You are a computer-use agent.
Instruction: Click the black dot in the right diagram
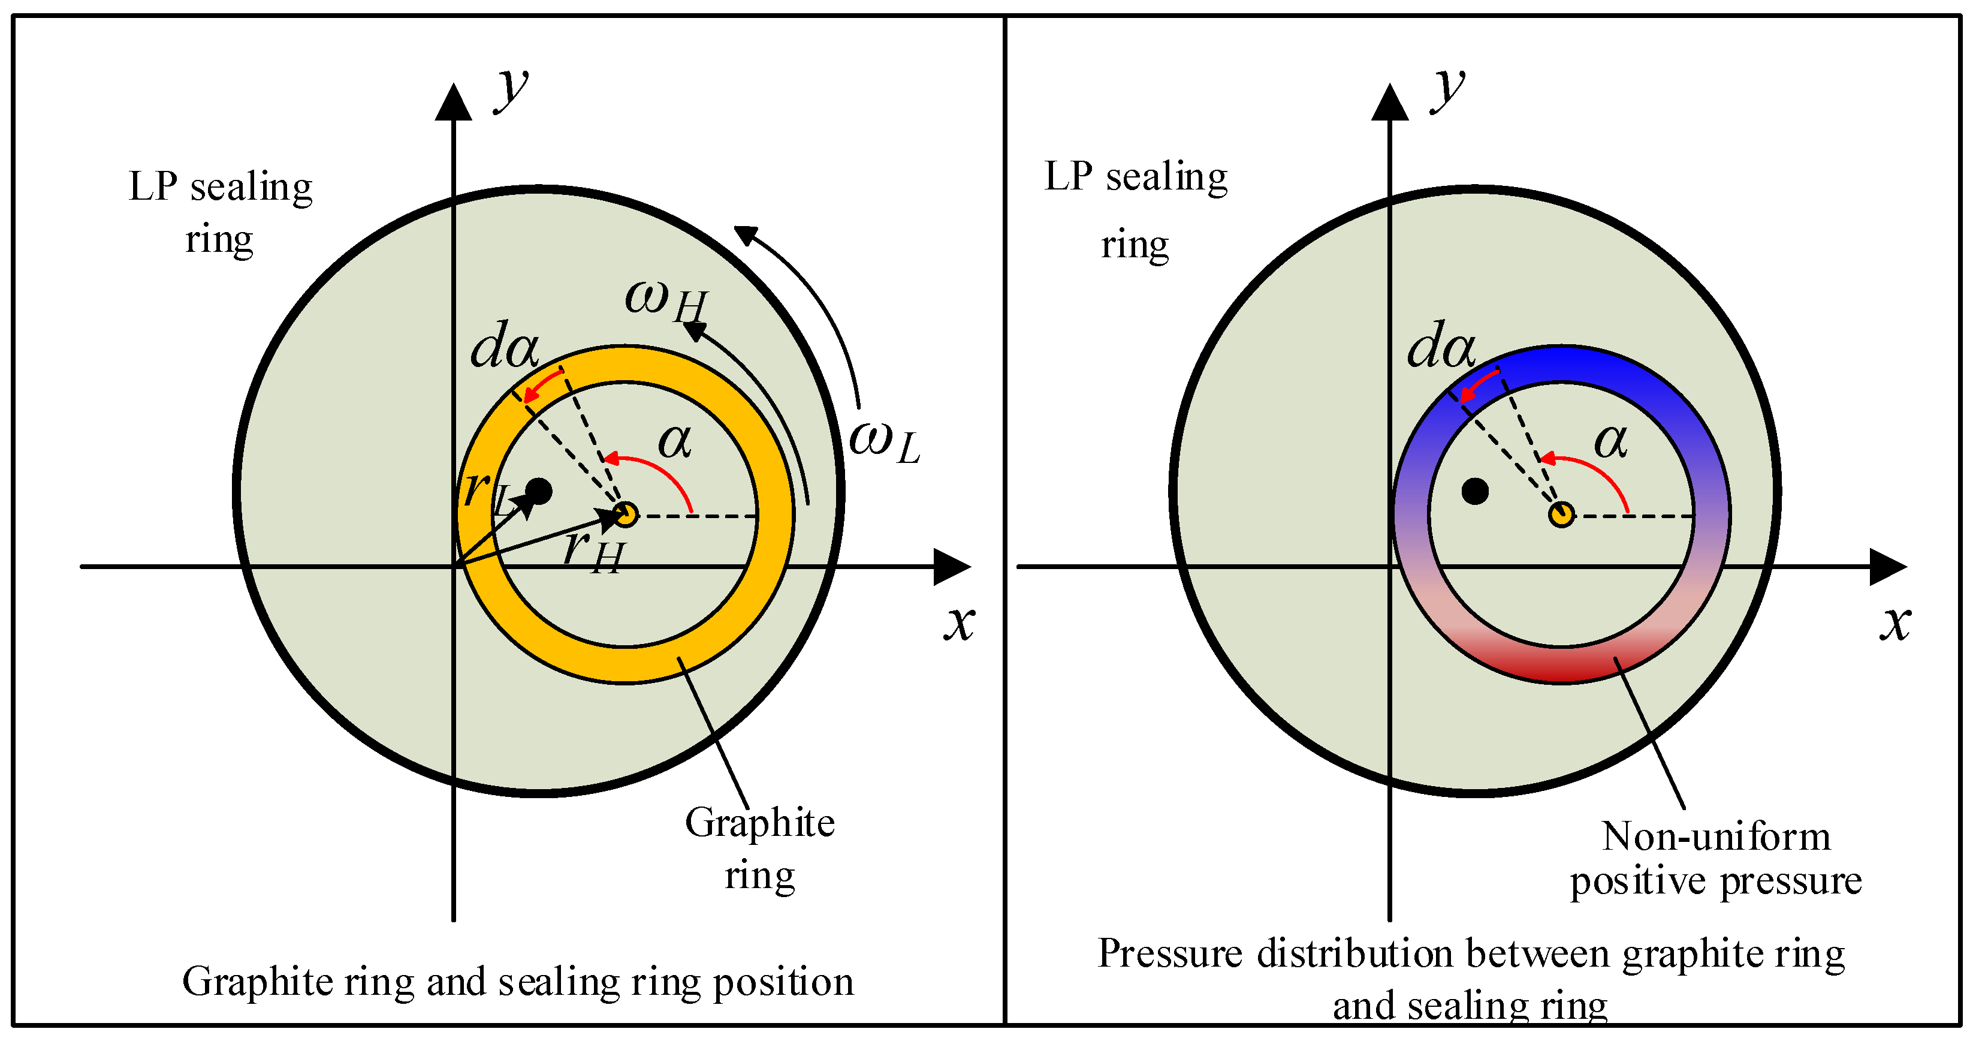tap(1474, 491)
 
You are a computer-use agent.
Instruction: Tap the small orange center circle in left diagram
tap(626, 515)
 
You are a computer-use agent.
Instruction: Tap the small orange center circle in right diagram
tap(1561, 515)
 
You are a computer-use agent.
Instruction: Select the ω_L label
tap(885, 442)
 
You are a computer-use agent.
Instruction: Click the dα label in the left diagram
tap(505, 345)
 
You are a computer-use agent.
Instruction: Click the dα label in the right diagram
tap(1441, 345)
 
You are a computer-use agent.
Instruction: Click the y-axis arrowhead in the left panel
tap(454, 103)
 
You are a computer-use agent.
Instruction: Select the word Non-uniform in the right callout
tap(1716, 837)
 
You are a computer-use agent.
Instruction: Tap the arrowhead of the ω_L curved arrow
tap(744, 234)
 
